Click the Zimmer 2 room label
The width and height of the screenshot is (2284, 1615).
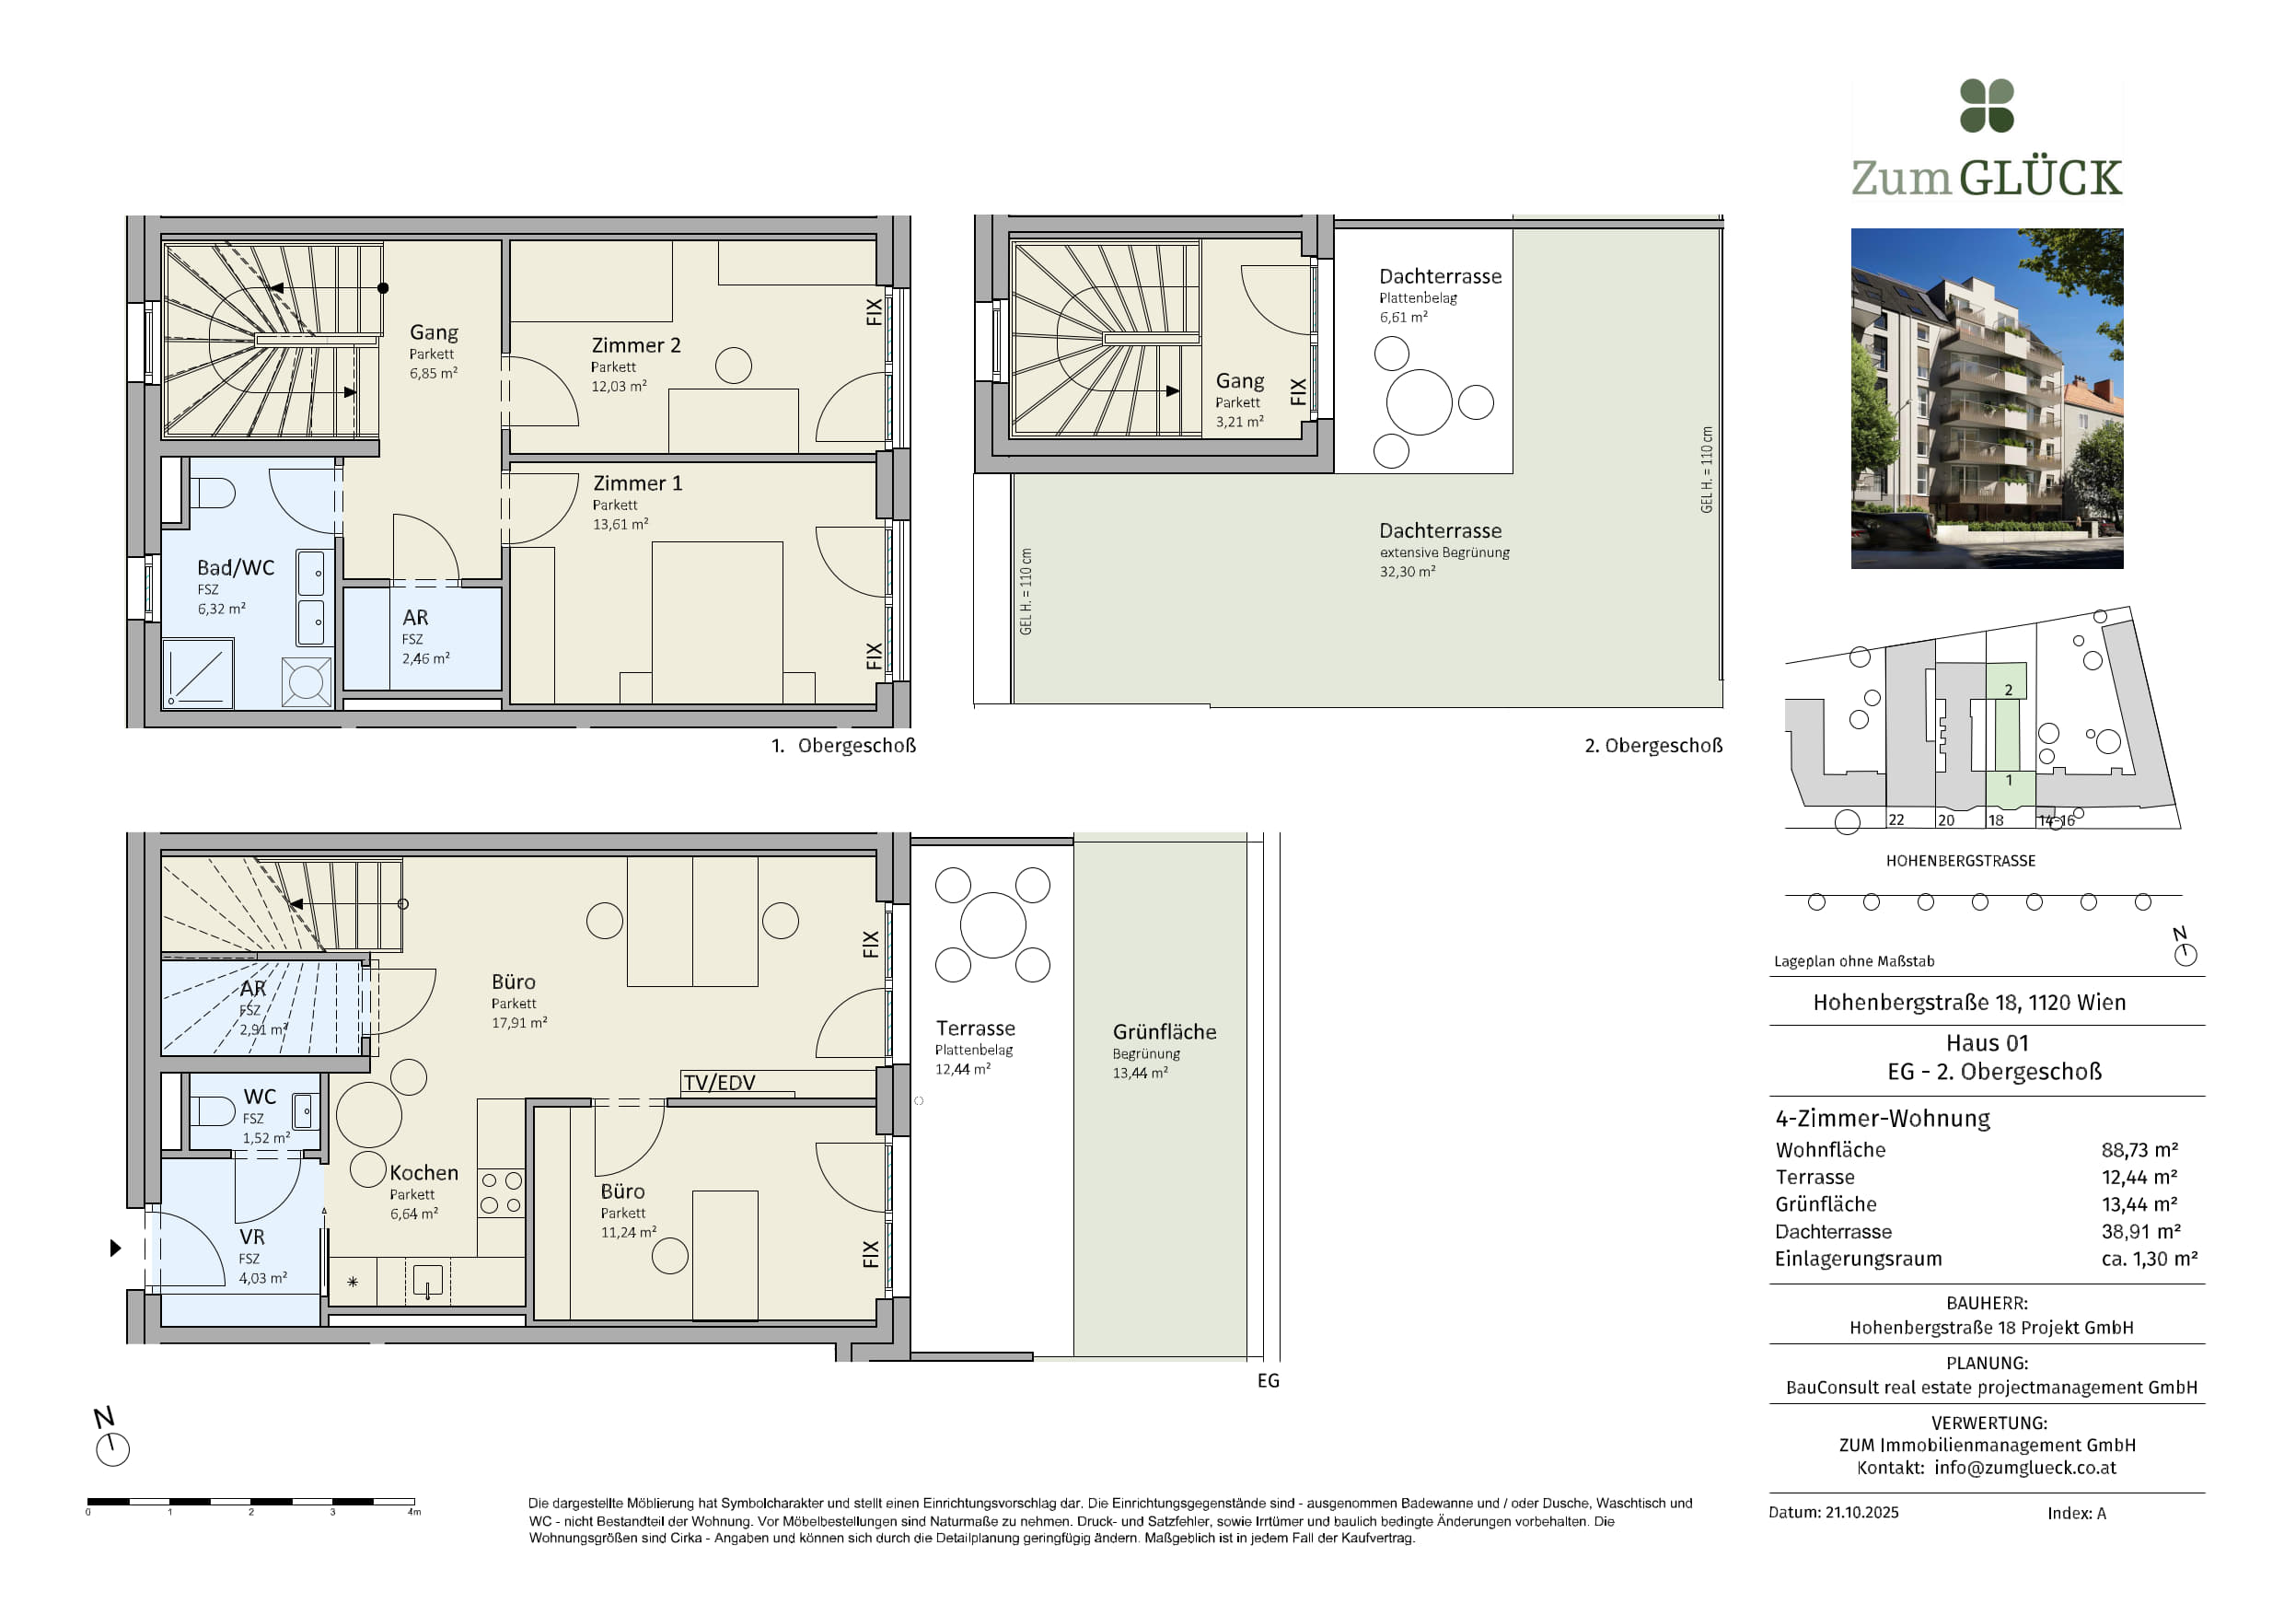(x=635, y=345)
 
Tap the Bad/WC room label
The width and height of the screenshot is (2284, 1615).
(x=236, y=567)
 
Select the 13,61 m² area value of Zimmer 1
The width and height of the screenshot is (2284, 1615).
(x=620, y=523)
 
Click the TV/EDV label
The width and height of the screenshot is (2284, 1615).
(x=719, y=1083)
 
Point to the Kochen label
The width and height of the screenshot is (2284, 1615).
(x=423, y=1172)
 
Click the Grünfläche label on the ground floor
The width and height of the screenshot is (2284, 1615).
(x=1165, y=1032)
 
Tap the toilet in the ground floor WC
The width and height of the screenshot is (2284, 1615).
(x=212, y=1110)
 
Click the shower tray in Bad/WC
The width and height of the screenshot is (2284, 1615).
(x=198, y=674)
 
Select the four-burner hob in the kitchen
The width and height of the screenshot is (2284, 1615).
(x=501, y=1193)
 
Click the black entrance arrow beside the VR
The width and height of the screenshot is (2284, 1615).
(x=115, y=1248)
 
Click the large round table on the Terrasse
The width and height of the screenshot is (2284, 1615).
(x=992, y=924)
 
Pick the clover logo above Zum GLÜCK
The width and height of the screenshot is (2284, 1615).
(x=1987, y=106)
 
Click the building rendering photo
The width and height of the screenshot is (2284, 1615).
(x=1987, y=398)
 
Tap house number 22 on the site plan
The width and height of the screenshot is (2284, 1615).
(x=1896, y=820)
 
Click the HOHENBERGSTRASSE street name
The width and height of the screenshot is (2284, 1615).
(x=1961, y=861)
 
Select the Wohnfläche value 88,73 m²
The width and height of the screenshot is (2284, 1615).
(x=2139, y=1149)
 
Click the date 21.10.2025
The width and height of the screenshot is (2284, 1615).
(x=1862, y=1513)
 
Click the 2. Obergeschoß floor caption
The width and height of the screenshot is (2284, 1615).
(x=1653, y=745)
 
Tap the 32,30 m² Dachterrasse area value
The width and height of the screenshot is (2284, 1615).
(x=1408, y=571)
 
